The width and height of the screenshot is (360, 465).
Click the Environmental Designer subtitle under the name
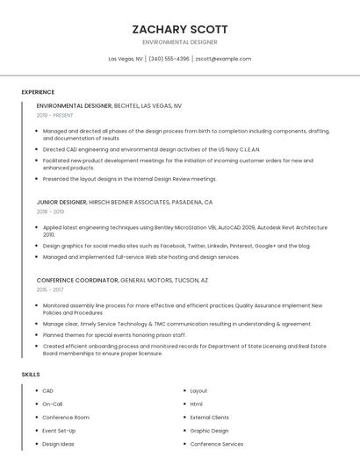179,42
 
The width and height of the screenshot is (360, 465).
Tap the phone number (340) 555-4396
169,59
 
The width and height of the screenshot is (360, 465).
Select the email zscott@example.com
223,59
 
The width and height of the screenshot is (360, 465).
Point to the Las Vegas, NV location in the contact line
126,59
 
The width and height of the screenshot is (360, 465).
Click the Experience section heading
38,92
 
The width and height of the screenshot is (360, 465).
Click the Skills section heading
31,375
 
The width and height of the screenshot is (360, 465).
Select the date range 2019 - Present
55,115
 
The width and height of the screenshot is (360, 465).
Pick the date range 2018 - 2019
50,211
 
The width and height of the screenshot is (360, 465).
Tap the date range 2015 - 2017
50,290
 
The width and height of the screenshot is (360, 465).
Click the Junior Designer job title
61,202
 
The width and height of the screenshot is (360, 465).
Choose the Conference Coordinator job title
77,280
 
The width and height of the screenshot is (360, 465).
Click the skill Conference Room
66,418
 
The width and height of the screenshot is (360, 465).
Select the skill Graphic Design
209,431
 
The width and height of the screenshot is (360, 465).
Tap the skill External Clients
209,418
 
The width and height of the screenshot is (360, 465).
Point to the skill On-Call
53,404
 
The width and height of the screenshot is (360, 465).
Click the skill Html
197,404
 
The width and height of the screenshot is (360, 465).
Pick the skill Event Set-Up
60,431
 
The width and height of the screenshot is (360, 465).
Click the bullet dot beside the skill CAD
35,390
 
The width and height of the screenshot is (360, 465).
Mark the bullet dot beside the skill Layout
183,390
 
